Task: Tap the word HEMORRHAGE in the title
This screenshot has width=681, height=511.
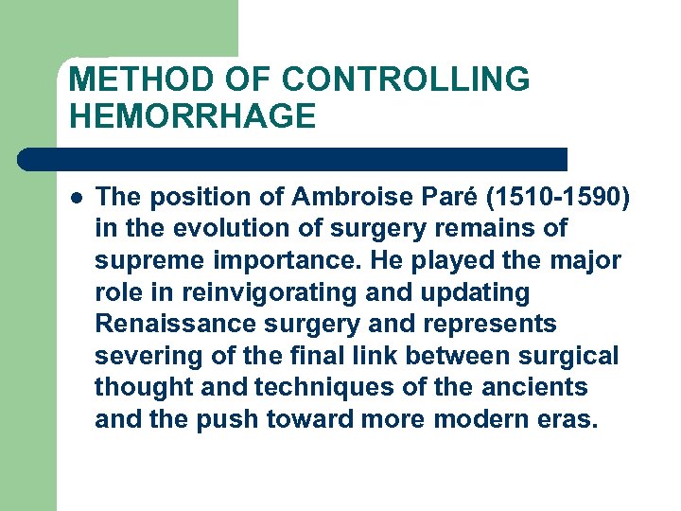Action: (x=192, y=116)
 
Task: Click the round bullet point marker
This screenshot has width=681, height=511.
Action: (x=76, y=198)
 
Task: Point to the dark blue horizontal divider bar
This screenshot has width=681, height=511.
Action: (x=293, y=158)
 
